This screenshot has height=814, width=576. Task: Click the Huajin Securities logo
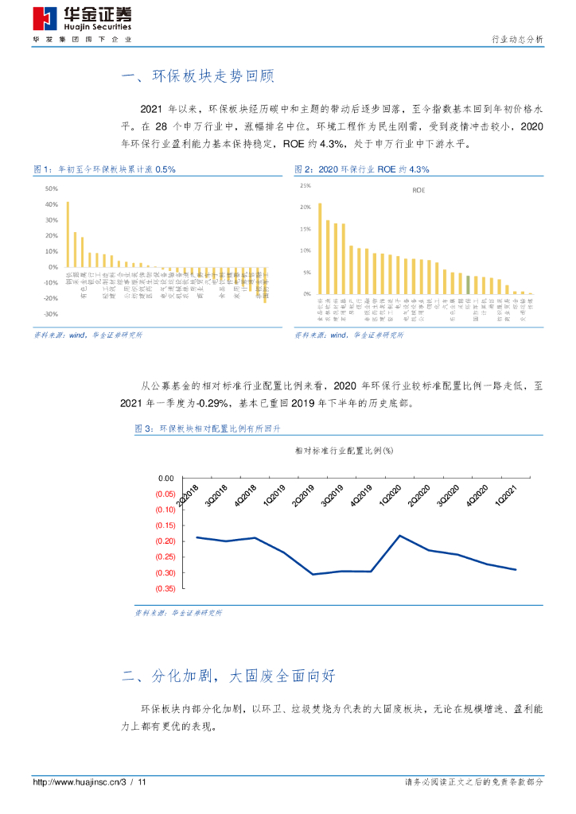[x=82, y=19]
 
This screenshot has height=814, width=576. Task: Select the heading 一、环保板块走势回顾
[x=197, y=77]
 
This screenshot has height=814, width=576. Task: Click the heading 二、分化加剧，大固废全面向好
[x=229, y=676]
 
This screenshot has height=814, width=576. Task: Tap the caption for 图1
[x=104, y=169]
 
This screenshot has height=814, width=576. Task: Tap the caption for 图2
[x=361, y=169]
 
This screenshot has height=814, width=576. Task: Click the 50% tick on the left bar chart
[x=52, y=188]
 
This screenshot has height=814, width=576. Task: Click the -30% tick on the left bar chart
[x=51, y=314]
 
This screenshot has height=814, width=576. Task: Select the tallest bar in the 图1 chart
[x=68, y=235]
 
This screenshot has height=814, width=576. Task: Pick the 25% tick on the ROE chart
[x=305, y=185]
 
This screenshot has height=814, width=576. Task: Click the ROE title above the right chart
[x=418, y=191]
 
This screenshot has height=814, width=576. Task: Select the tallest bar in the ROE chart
[x=320, y=248]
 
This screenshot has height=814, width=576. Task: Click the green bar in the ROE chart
[x=468, y=285]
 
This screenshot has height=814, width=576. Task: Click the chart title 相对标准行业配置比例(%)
[x=344, y=450]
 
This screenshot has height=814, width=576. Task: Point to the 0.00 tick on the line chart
[x=165, y=478]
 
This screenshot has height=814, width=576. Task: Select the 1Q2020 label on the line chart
[x=390, y=494]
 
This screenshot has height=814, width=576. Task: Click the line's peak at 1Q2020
[x=399, y=536]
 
